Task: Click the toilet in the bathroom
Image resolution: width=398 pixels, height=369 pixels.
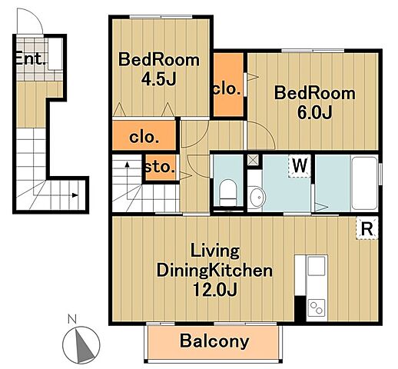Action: click(x=228, y=192)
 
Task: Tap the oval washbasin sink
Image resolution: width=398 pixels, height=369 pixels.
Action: click(x=257, y=197)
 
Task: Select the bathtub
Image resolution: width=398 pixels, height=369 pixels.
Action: click(x=365, y=183)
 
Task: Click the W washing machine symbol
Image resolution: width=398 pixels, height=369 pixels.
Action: click(x=300, y=166)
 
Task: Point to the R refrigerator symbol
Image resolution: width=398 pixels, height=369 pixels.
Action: click(x=366, y=228)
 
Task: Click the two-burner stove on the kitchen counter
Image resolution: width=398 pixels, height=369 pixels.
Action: click(x=317, y=307)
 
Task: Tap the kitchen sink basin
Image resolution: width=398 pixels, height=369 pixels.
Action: click(x=317, y=265)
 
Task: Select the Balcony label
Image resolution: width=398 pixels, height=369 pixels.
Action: click(x=214, y=341)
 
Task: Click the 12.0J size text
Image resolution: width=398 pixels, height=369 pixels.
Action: click(x=214, y=289)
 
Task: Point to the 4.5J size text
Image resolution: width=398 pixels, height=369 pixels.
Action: click(x=159, y=79)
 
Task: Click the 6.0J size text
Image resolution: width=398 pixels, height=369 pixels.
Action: click(x=315, y=112)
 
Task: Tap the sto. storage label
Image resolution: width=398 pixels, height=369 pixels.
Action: click(x=160, y=168)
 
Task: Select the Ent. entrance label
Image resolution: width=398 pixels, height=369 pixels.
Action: click(x=30, y=58)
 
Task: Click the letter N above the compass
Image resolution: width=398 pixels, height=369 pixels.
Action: click(x=72, y=319)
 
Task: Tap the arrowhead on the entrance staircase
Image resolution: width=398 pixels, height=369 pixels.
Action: click(x=75, y=195)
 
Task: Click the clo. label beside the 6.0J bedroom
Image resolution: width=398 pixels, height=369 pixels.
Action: click(x=227, y=89)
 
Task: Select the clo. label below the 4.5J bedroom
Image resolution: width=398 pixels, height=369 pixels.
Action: click(x=144, y=138)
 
